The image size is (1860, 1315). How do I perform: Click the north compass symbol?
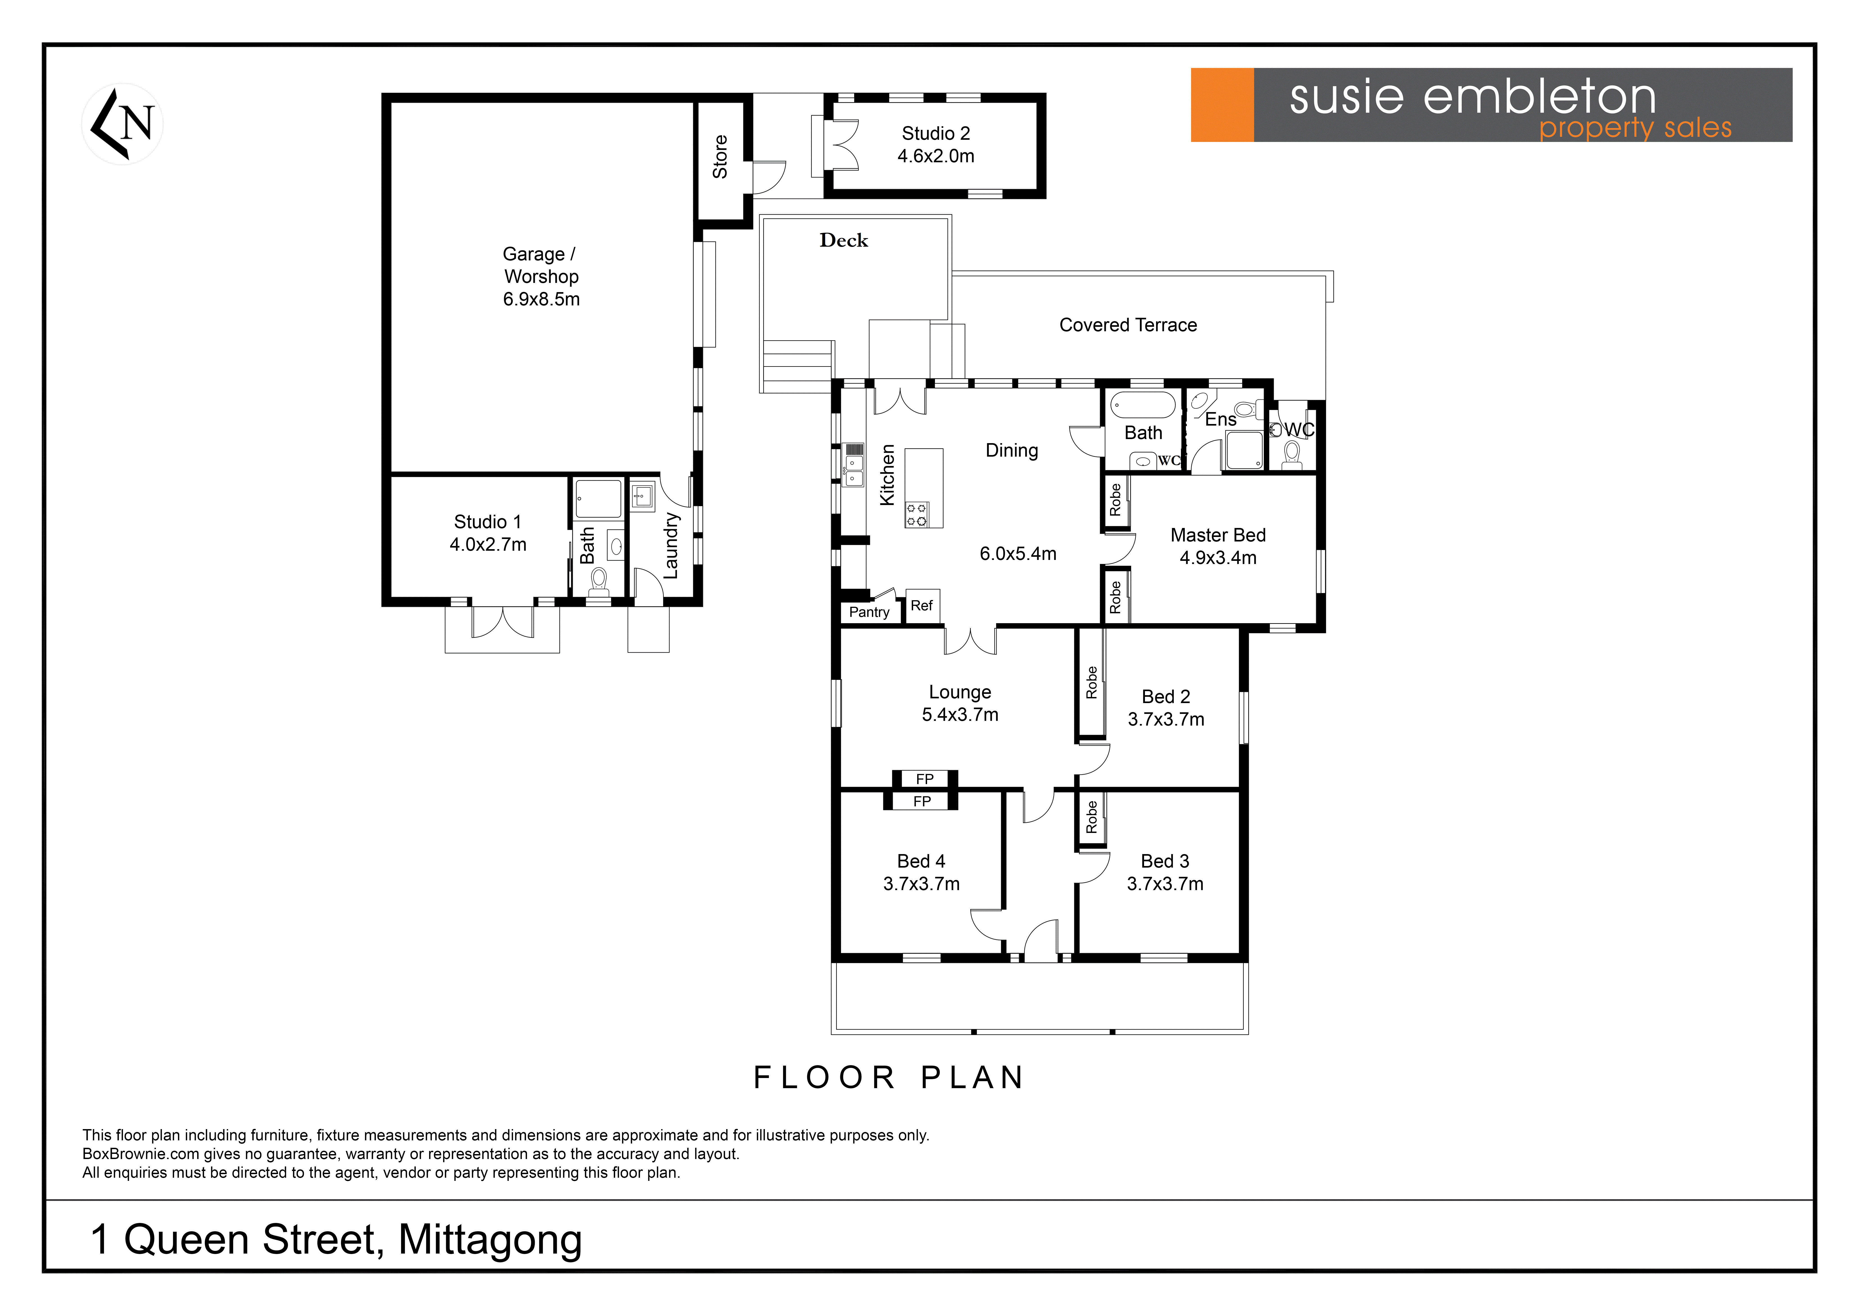pyautogui.click(x=122, y=124)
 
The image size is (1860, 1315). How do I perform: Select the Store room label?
pyautogui.click(x=720, y=156)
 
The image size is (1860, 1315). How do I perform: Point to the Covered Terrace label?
pyautogui.click(x=1128, y=325)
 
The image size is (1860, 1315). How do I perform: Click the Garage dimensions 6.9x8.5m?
pyautogui.click(x=541, y=299)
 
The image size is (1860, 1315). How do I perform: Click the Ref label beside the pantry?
pyautogui.click(x=922, y=605)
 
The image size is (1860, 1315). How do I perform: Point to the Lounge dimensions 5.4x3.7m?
pyautogui.click(x=960, y=715)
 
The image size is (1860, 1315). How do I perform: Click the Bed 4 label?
pyautogui.click(x=921, y=861)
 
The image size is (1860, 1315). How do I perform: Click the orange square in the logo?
pyautogui.click(x=1222, y=105)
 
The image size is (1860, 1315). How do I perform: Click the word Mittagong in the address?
pyautogui.click(x=490, y=1240)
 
